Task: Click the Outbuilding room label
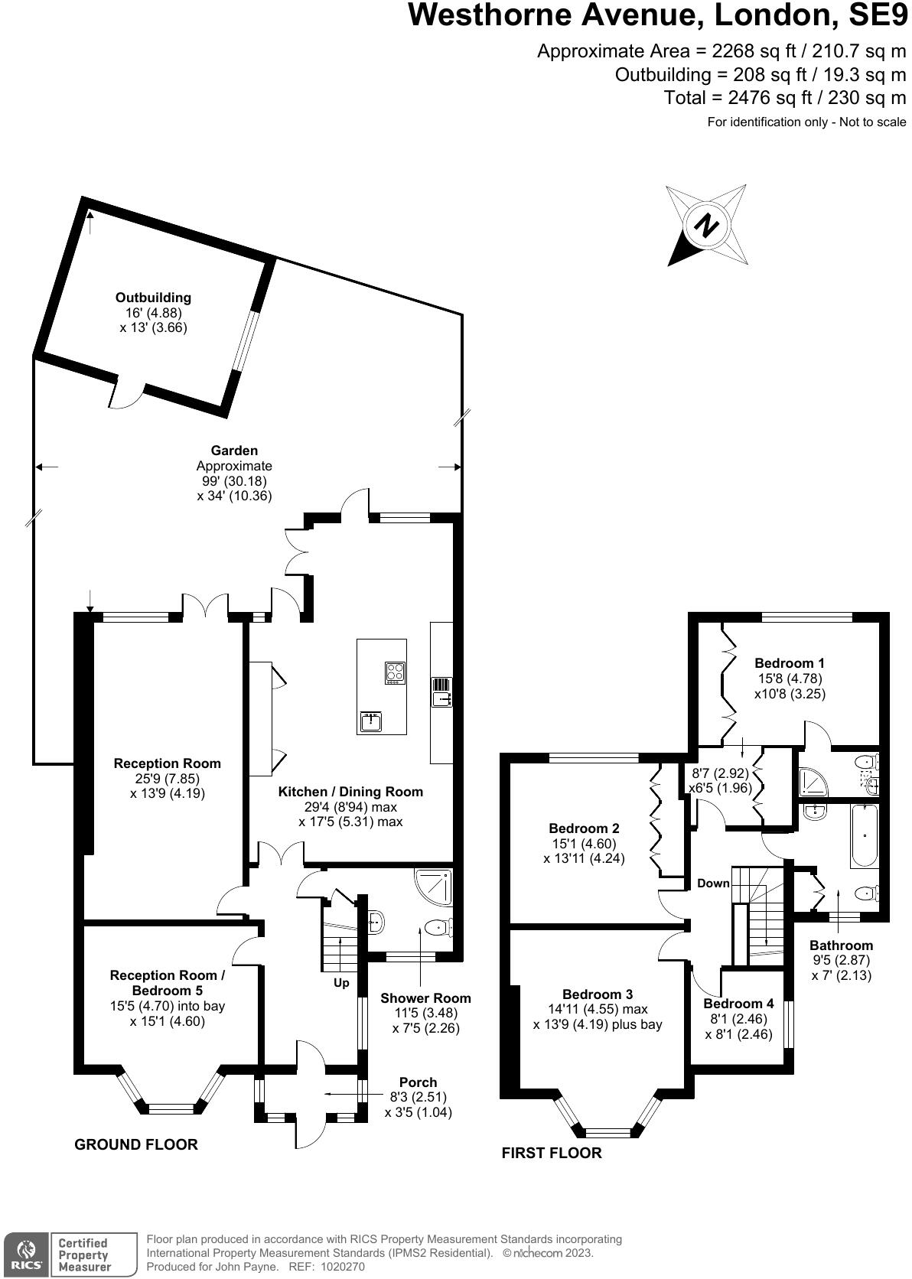pos(153,298)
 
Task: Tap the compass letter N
pos(706,226)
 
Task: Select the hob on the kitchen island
pos(396,672)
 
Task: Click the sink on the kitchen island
pos(371,721)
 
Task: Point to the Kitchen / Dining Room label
pos(350,792)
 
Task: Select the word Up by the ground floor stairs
pos(341,983)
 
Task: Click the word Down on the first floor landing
pos(713,884)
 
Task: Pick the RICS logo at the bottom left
pos(24,1253)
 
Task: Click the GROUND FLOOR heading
pos(136,1144)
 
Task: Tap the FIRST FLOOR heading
pos(552,1153)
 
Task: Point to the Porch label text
pos(418,1082)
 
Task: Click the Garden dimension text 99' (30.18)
pos(234,481)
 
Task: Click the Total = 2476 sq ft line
pos(784,98)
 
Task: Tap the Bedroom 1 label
pos(790,663)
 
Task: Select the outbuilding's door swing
pos(127,394)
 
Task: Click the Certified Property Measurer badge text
pos(84,1255)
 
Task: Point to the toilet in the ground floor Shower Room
pos(437,927)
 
